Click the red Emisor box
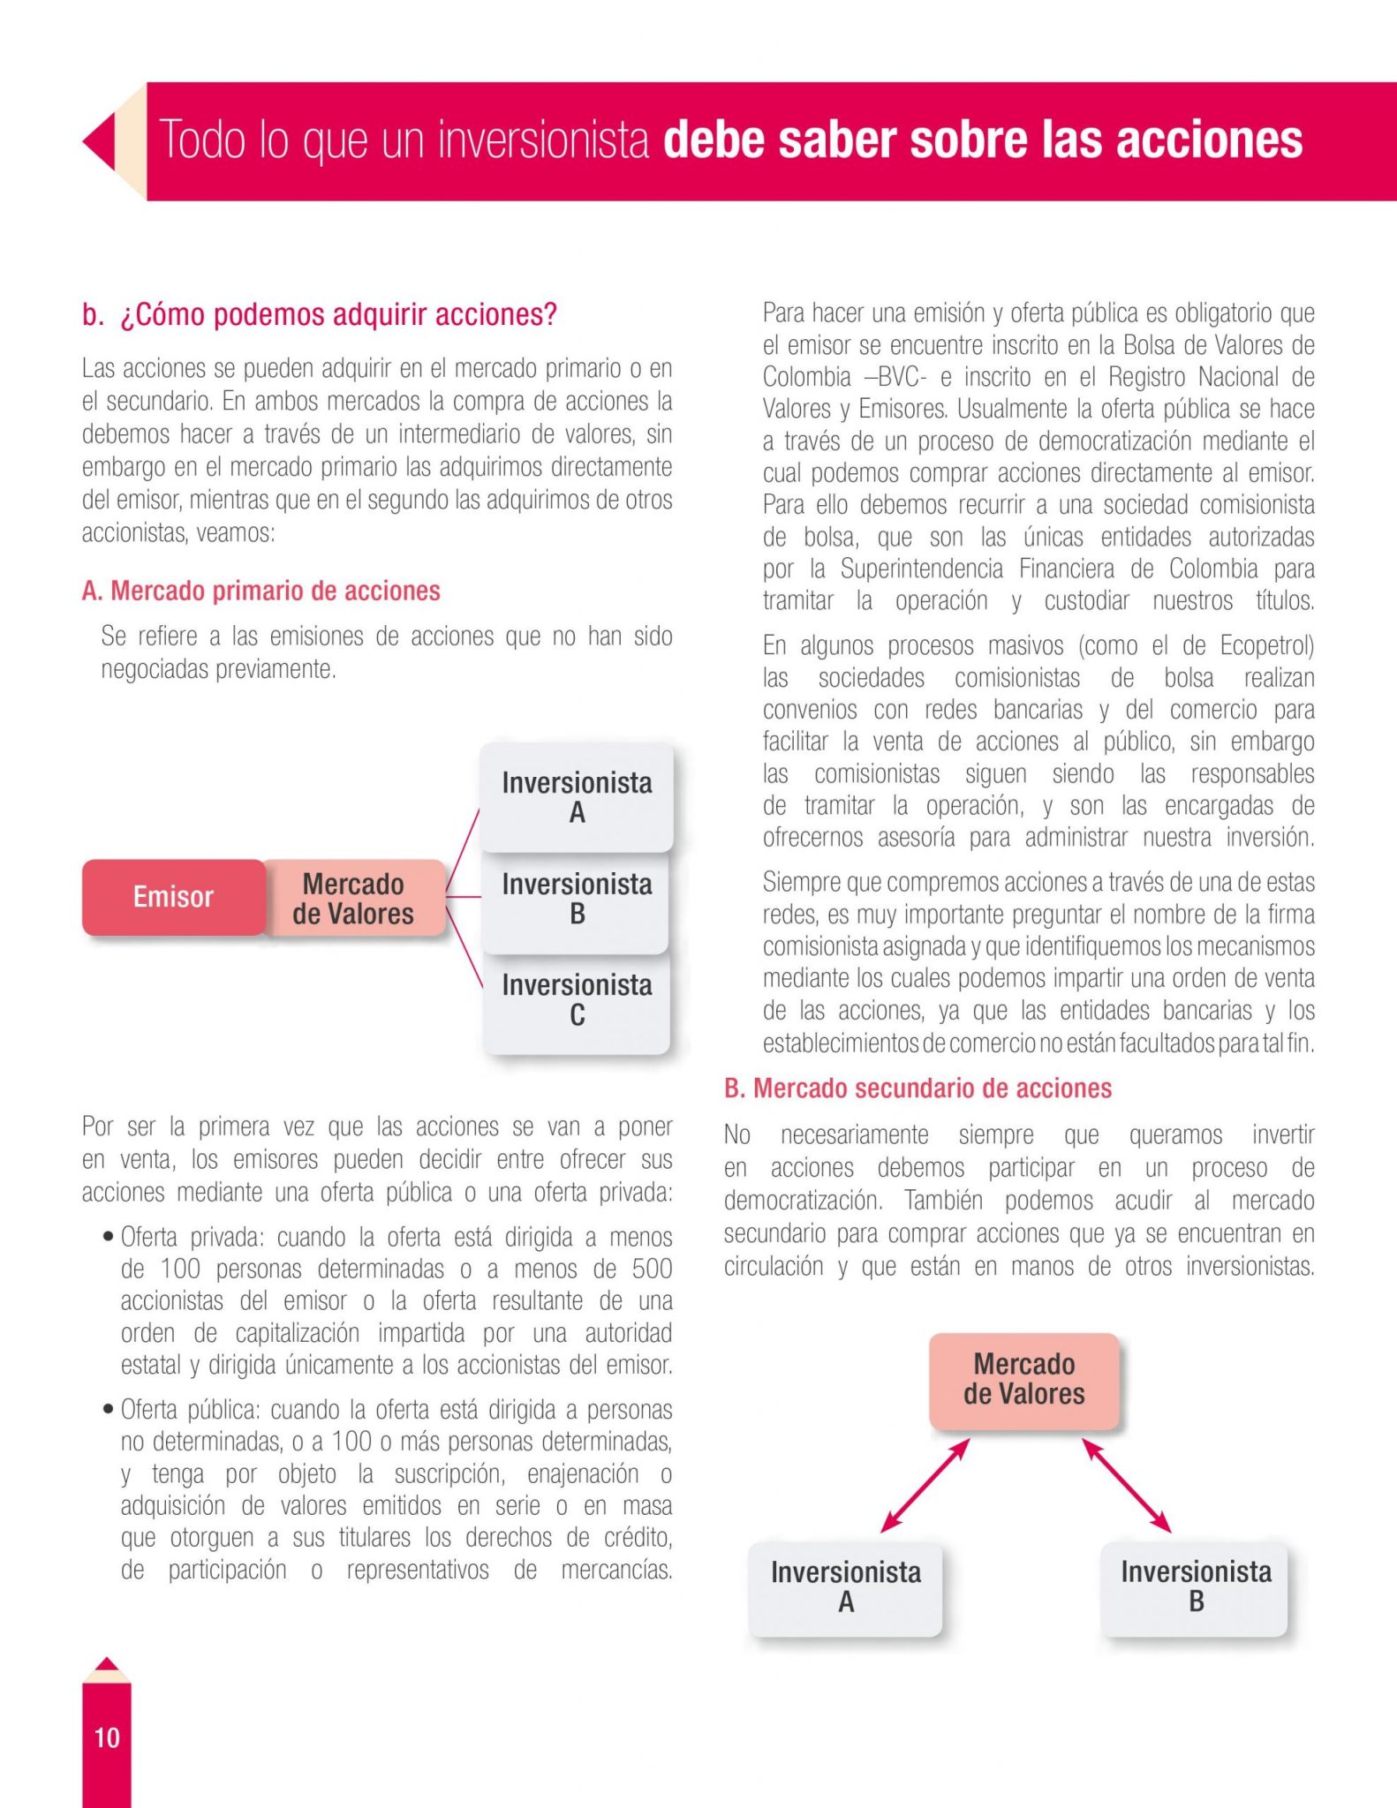(173, 897)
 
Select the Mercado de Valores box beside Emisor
(353, 899)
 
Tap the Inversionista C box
(577, 1000)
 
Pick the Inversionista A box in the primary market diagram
(577, 797)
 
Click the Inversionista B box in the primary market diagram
(577, 899)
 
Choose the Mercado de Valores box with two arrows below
(1023, 1379)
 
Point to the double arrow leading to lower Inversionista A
(925, 1485)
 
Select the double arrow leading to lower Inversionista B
(1126, 1485)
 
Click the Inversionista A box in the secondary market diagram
(845, 1586)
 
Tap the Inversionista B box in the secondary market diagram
(1195, 1586)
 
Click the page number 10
(107, 1737)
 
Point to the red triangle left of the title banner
(100, 141)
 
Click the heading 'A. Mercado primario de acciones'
(261, 591)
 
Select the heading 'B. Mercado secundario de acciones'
(917, 1089)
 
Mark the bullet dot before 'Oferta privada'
(108, 1236)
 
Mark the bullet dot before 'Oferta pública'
(108, 1408)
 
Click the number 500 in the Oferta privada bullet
(652, 1269)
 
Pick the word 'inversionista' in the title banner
(543, 141)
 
